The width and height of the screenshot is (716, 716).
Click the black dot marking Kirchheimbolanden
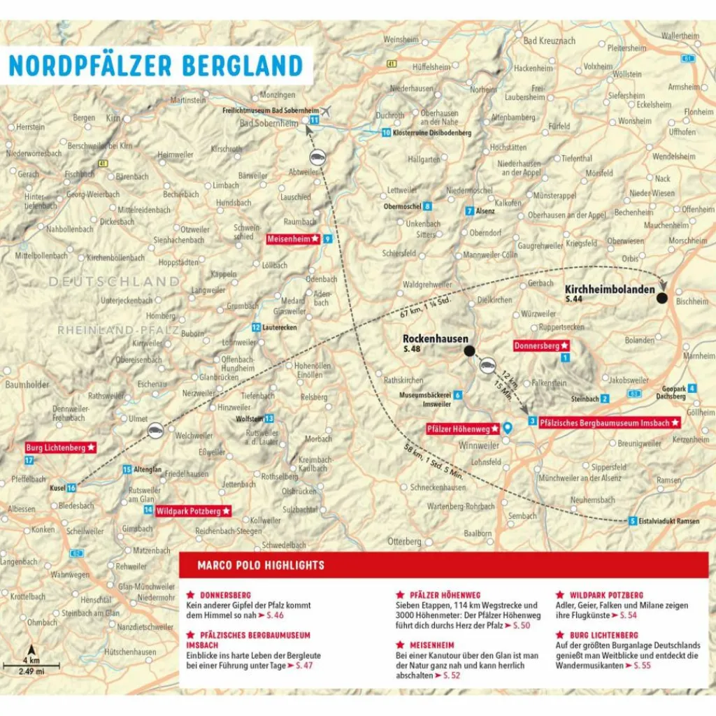tap(661, 299)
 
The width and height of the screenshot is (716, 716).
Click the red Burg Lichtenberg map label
tap(59, 447)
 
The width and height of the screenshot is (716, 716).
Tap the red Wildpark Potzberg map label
tap(192, 511)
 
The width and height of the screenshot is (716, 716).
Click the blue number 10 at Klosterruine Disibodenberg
tap(386, 132)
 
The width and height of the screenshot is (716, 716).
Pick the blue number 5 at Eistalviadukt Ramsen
tap(633, 521)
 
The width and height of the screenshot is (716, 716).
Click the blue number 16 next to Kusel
tap(71, 487)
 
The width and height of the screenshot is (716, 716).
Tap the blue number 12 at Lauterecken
tap(257, 327)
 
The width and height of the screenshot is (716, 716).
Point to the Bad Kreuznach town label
tap(550, 41)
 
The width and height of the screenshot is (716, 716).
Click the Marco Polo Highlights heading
tap(261, 565)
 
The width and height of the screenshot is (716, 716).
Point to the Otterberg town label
tap(405, 541)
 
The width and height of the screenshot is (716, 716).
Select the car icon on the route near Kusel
tap(157, 429)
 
